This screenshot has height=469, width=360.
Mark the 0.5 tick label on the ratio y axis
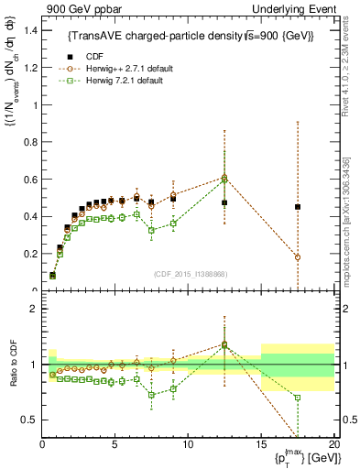[x=28, y=420]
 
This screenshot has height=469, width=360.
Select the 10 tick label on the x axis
[x=189, y=444]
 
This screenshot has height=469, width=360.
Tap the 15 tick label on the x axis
[x=261, y=444]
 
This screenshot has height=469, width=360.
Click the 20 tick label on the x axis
[x=333, y=444]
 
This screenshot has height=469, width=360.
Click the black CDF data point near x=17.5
[x=298, y=207]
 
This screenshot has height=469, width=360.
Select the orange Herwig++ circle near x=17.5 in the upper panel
[x=298, y=257]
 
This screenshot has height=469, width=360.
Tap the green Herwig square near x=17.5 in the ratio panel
[x=298, y=398]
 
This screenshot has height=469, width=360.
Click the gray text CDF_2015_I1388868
[x=190, y=275]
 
